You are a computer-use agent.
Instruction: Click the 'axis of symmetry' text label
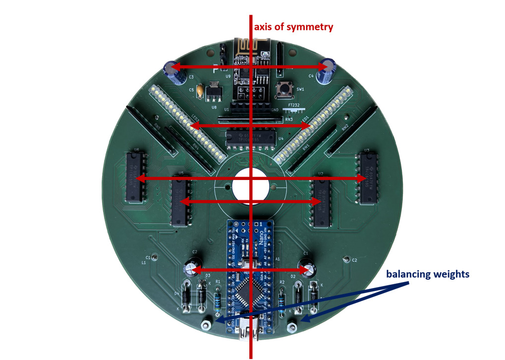click(293, 27)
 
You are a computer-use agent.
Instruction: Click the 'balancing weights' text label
click(427, 274)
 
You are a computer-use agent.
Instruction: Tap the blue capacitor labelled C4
click(328, 70)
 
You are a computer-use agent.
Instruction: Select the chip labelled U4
click(251, 137)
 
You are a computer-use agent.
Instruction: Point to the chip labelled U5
click(180, 202)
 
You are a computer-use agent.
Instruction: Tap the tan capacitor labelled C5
click(200, 91)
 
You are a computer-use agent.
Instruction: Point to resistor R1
click(218, 299)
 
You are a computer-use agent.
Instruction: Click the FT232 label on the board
click(294, 106)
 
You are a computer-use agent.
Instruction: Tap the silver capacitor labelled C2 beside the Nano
click(191, 268)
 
